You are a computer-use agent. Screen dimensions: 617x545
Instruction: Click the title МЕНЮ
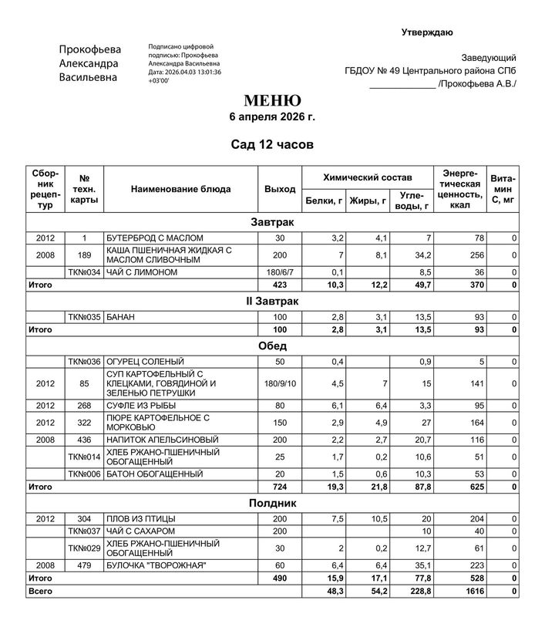click(272, 101)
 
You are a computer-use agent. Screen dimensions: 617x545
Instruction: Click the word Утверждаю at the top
click(427, 32)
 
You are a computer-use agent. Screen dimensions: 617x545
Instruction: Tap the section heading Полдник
click(272, 503)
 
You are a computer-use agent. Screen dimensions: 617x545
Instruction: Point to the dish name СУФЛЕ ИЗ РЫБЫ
click(140, 405)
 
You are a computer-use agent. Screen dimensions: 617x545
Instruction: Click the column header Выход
click(280, 189)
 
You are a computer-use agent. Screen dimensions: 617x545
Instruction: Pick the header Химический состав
click(367, 177)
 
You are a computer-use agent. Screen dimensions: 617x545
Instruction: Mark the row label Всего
click(39, 590)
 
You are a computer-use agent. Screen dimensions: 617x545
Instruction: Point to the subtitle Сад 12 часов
click(272, 144)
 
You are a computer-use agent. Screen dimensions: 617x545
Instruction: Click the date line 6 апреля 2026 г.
click(272, 117)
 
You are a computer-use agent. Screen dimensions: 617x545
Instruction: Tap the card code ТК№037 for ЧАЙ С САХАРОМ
click(85, 531)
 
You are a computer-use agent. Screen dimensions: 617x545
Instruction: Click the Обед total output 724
click(280, 487)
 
